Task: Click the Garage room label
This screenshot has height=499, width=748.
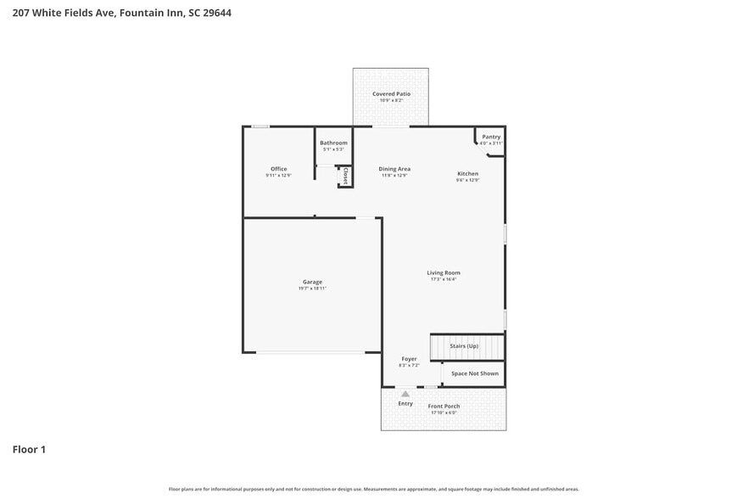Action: pos(312,282)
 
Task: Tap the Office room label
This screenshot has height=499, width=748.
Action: pos(278,169)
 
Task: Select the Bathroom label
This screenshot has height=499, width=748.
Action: pos(333,143)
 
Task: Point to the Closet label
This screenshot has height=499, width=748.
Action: pos(345,177)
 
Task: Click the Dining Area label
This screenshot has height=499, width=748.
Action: pos(394,169)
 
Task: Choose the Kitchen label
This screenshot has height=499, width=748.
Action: pos(468,173)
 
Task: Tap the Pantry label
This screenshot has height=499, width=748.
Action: pos(491,137)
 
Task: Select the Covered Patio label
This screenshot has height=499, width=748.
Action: pos(391,93)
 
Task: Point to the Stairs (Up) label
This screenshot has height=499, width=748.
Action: pos(464,346)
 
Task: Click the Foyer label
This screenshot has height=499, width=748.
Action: pos(409,359)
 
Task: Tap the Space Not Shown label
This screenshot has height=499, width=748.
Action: pos(474,373)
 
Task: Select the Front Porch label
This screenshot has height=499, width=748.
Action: pos(444,406)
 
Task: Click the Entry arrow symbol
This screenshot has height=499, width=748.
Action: pos(405,394)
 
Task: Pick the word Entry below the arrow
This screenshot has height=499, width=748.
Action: pos(405,403)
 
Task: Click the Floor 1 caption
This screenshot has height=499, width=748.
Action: pos(29,449)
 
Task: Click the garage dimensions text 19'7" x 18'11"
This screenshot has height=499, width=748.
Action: pos(312,289)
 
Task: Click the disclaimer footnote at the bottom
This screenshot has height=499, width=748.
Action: pos(373,489)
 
